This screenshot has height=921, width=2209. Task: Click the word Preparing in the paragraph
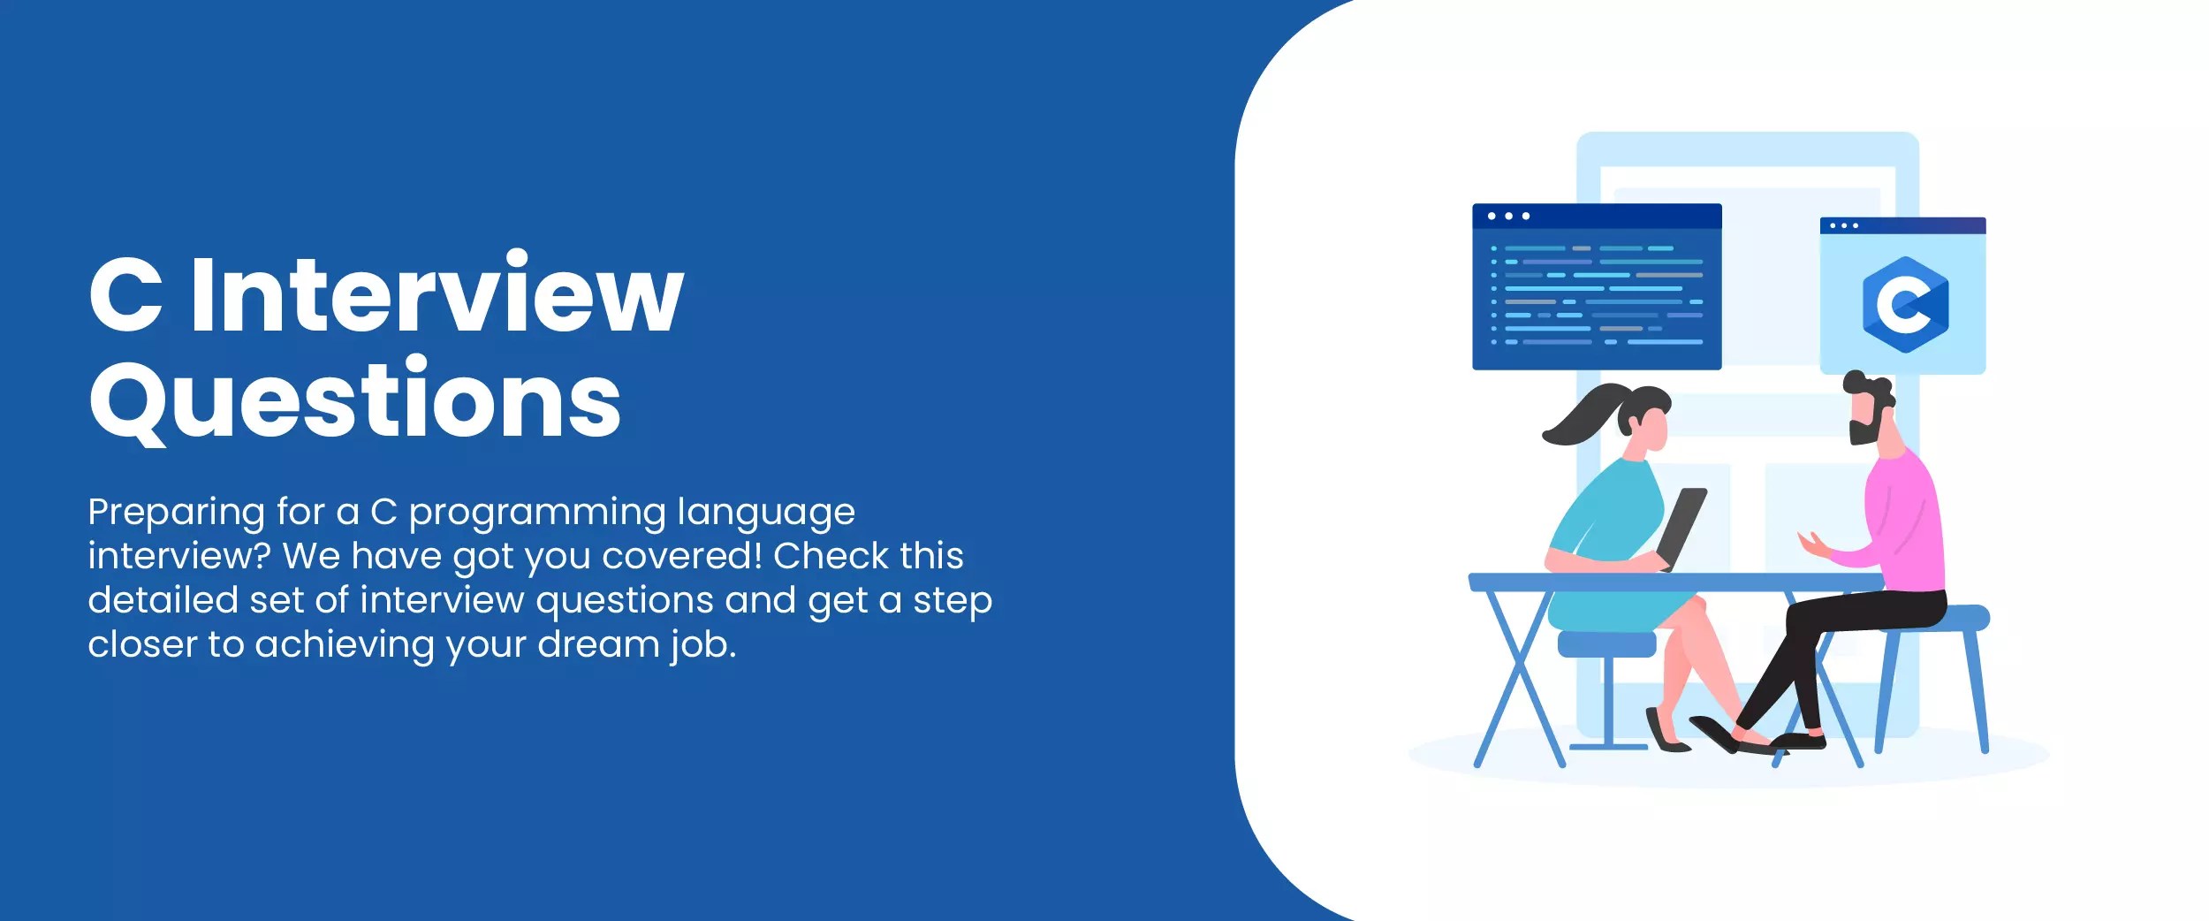(x=176, y=513)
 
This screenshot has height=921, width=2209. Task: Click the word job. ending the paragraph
(x=702, y=644)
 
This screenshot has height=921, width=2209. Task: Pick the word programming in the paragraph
(x=537, y=513)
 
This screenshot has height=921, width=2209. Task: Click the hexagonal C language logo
(x=1904, y=305)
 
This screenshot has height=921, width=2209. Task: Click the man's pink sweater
(x=1909, y=521)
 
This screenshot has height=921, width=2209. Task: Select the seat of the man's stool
(x=1944, y=618)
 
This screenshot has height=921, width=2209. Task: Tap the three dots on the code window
(x=1508, y=216)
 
